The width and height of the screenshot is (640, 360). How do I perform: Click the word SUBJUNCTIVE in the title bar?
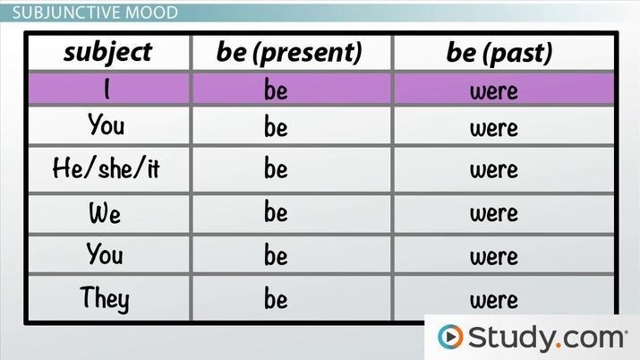[66, 13]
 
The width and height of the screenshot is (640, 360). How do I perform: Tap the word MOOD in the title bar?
[152, 13]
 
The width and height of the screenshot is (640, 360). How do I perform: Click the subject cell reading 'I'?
[107, 89]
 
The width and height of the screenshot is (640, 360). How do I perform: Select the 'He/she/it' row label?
[107, 167]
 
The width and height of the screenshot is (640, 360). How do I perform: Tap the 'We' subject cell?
[105, 212]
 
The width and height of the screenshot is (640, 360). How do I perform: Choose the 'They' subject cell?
[105, 299]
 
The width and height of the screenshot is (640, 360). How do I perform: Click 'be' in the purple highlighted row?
[276, 90]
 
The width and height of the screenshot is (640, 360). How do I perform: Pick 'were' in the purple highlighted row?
[494, 91]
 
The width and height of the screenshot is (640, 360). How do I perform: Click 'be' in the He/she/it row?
[276, 168]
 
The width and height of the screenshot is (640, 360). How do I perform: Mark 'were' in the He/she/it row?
[494, 170]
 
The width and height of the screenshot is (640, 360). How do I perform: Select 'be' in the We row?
[276, 211]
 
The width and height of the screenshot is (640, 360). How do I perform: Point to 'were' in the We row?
[494, 213]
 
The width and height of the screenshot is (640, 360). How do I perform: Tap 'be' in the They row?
[276, 298]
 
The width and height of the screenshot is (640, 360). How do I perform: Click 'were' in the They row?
[494, 300]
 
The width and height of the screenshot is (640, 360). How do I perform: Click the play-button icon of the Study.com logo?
[450, 337]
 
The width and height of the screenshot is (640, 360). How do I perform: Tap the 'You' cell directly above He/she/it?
[107, 124]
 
